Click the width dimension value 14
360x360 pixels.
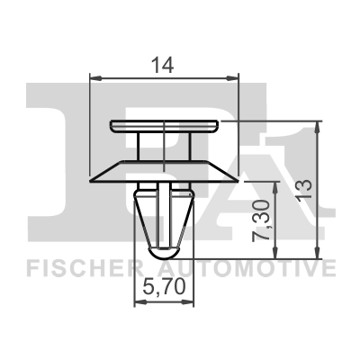click(x=164, y=65)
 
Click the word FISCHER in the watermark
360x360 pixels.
click(x=79, y=269)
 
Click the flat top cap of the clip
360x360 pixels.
click(x=164, y=124)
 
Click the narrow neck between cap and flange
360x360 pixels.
click(x=164, y=144)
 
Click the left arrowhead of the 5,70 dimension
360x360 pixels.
click(x=138, y=303)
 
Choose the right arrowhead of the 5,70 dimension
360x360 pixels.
click(x=192, y=303)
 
